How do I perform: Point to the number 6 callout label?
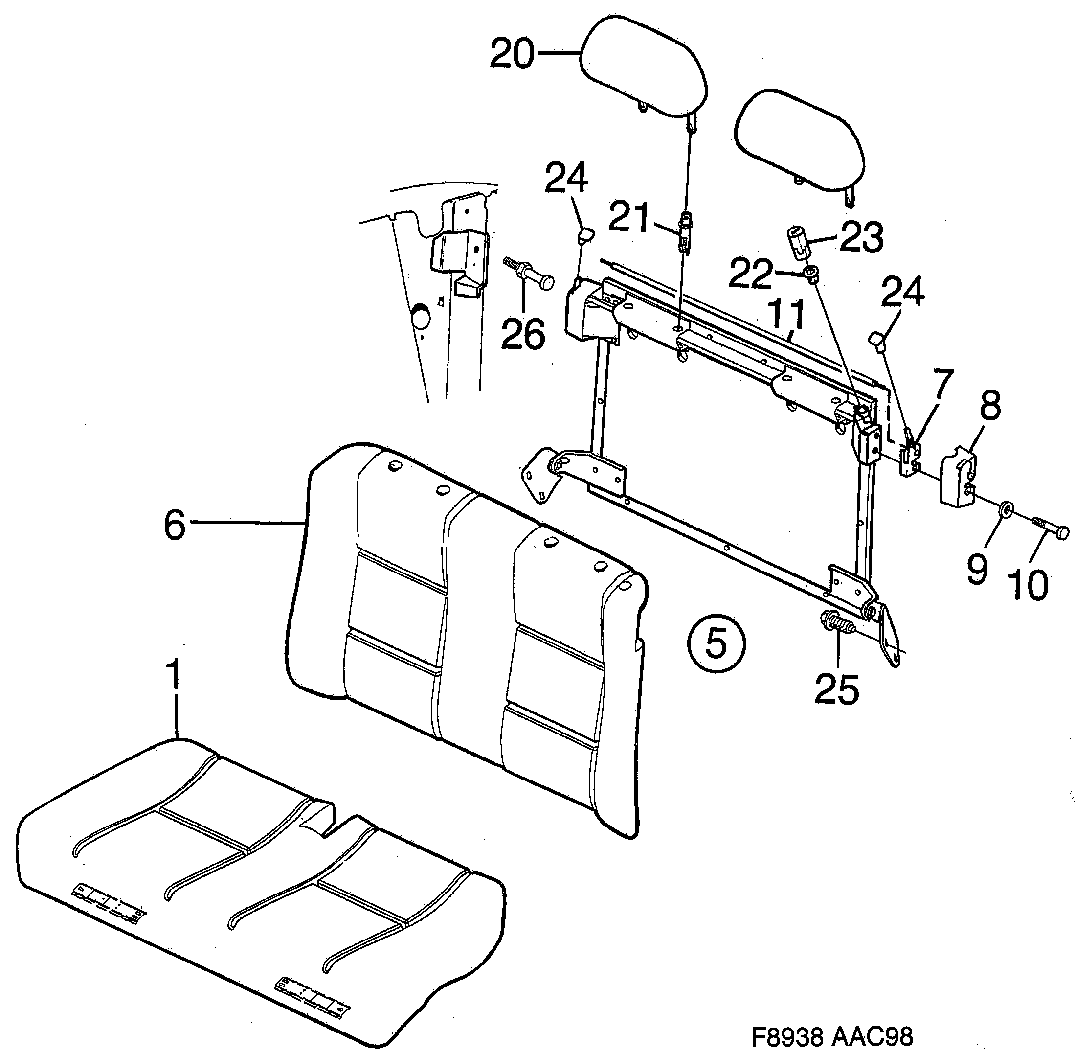[x=175, y=525]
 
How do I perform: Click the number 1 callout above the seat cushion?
[x=174, y=674]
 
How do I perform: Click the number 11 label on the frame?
[x=788, y=316]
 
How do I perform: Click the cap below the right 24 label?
[x=877, y=338]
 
